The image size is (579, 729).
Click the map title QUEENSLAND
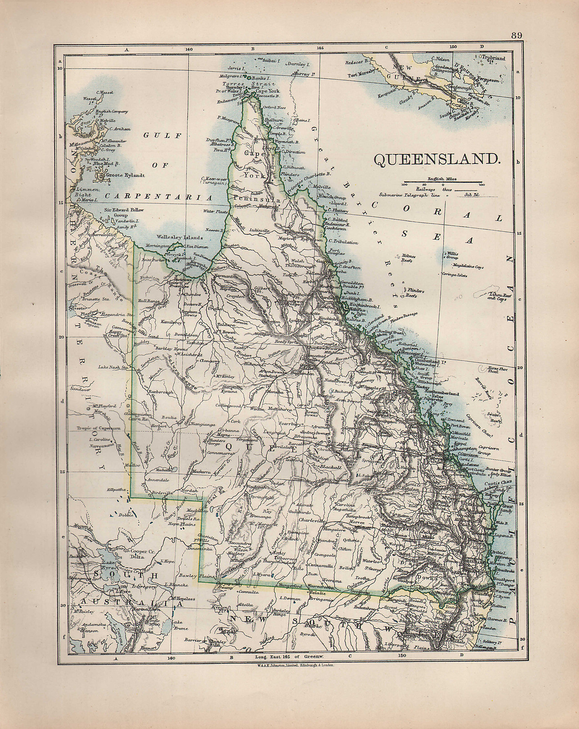coord(436,159)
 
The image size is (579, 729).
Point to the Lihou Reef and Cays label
coord(496,297)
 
